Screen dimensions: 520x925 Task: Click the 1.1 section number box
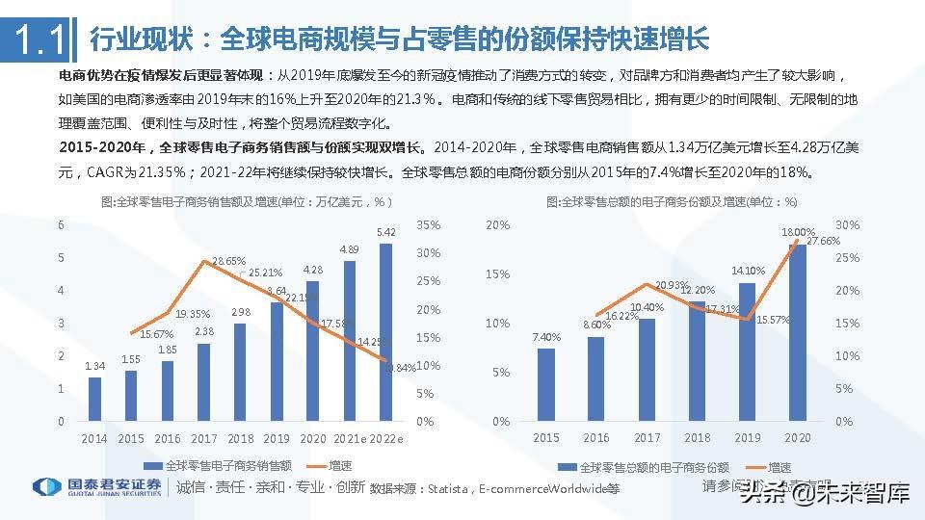click(x=38, y=39)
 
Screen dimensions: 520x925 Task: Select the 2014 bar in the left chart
click(x=94, y=399)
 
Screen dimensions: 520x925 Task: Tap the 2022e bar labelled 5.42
click(x=386, y=332)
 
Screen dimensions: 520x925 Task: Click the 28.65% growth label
click(x=228, y=261)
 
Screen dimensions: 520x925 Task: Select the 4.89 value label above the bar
click(x=350, y=250)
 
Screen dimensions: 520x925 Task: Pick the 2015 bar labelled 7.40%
click(x=546, y=384)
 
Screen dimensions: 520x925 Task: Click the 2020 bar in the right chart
click(x=799, y=332)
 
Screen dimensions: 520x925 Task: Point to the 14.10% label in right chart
click(x=749, y=271)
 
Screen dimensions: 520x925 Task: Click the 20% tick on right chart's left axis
click(x=498, y=225)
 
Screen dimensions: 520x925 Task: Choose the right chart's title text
click(x=672, y=202)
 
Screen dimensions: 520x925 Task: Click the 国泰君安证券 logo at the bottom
click(x=97, y=486)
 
